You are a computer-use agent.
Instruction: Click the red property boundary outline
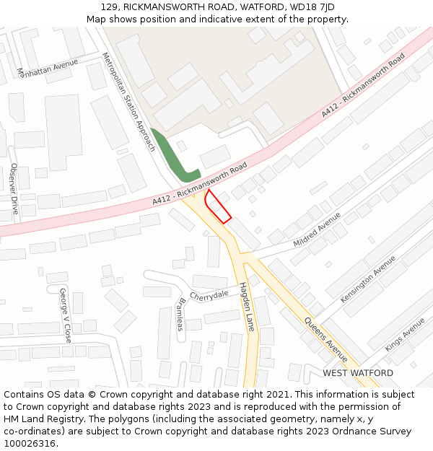coord(217,206)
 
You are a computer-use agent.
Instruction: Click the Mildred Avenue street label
coord(317,229)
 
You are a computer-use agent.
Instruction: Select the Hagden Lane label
coord(247,306)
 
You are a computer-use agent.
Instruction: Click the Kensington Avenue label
coord(368,279)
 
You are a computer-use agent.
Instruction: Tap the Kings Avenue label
coord(405,335)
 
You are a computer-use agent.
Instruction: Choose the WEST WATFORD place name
coord(358,373)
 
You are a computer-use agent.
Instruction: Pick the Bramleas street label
coord(180,314)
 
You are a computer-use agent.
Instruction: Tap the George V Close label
coord(65,315)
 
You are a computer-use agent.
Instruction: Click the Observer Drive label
coord(14,188)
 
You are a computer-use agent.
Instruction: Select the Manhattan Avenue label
coord(47,68)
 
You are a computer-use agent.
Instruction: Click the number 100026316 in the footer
coord(29,443)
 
